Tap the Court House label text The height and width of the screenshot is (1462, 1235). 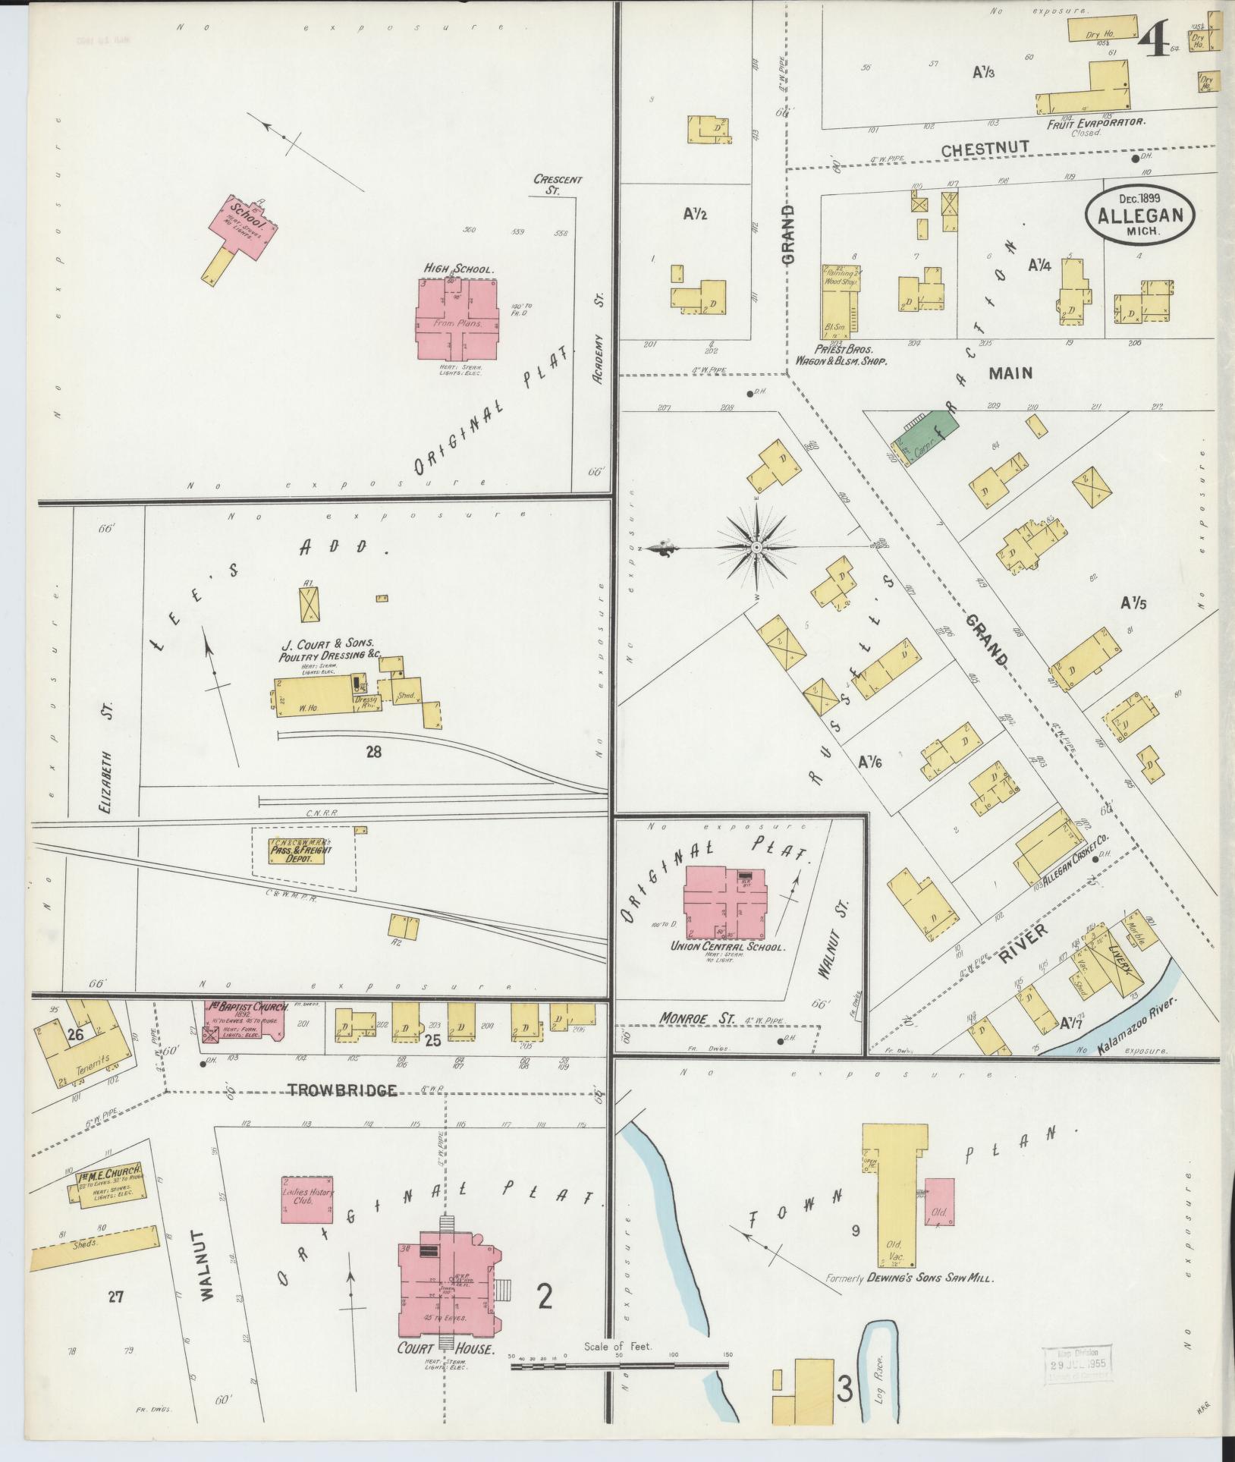click(446, 1349)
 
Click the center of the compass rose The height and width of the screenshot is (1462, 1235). click(756, 547)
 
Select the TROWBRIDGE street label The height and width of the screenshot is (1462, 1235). click(341, 1090)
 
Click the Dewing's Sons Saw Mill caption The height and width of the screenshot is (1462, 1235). click(910, 1278)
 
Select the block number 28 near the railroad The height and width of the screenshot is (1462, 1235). click(372, 752)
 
